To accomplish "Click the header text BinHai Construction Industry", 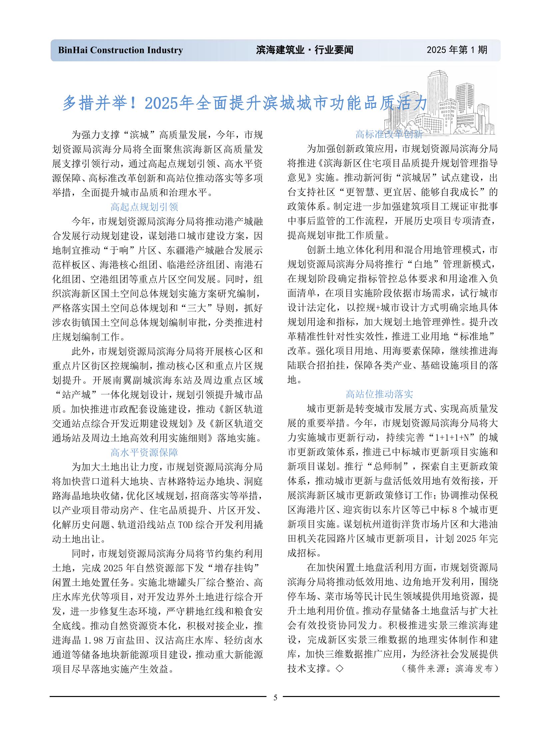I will tap(120, 50).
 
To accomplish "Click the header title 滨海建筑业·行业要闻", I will tap(304, 50).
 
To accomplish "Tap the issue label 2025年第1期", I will tap(457, 50).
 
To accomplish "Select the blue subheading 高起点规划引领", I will tap(144, 207).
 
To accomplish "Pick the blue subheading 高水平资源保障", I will tap(144, 452).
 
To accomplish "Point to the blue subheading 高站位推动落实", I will tap(379, 394).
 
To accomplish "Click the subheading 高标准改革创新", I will tap(389, 134).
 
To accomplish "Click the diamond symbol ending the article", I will tap(339, 669).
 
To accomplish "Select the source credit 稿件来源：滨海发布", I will tap(450, 669).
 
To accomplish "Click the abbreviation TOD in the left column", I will tap(186, 525).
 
